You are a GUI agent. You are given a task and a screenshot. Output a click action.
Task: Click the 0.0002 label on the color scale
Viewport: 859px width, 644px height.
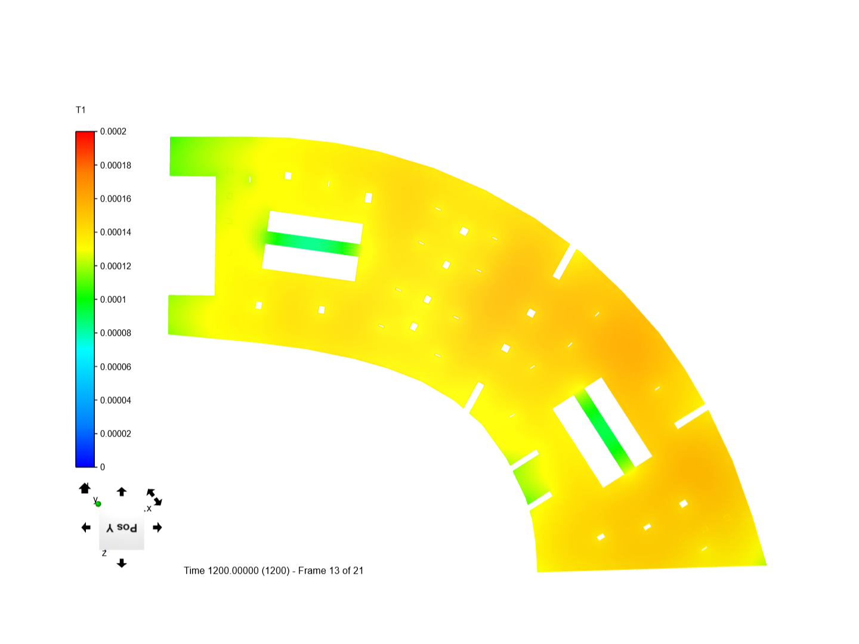pyautogui.click(x=113, y=131)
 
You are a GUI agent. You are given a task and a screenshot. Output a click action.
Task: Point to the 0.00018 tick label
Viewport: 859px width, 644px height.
pyautogui.click(x=116, y=165)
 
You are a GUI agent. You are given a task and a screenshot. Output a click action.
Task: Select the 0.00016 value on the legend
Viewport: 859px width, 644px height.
pyautogui.click(x=116, y=199)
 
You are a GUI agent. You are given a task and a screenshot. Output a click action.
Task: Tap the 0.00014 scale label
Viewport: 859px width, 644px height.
pyautogui.click(x=116, y=233)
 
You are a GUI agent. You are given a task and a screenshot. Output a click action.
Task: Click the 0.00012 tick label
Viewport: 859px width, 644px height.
pyautogui.click(x=116, y=267)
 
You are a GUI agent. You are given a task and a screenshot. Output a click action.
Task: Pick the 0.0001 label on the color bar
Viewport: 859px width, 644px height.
pyautogui.click(x=113, y=299)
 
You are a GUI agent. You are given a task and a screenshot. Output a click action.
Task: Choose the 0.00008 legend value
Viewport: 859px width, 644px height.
pyautogui.click(x=116, y=333)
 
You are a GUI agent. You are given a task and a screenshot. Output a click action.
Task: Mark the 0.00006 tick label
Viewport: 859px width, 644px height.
pyautogui.click(x=116, y=367)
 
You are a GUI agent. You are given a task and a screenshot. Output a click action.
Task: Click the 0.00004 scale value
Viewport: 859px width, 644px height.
pyautogui.click(x=116, y=400)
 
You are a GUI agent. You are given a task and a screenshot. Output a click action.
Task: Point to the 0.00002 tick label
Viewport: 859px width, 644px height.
pyautogui.click(x=116, y=434)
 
